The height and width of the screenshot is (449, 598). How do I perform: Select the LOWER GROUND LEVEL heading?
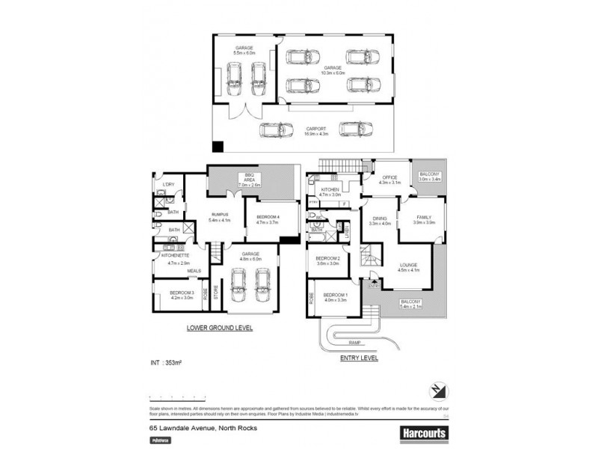click(x=218, y=328)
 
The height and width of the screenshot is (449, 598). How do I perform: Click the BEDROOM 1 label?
click(x=334, y=296)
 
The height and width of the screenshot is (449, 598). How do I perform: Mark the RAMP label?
click(x=355, y=342)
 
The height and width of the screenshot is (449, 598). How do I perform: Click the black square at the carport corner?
click(x=218, y=147)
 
